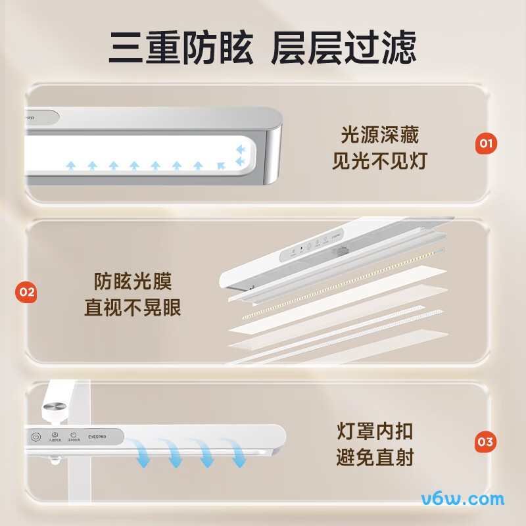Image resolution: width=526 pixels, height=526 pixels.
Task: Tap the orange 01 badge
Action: tap(486, 143)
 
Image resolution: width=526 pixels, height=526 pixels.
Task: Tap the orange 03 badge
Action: tap(486, 441)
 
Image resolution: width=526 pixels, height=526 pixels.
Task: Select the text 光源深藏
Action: tap(379, 135)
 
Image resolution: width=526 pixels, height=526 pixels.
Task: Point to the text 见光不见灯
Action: tap(379, 161)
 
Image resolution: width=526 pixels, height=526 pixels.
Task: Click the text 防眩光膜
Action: tap(132, 282)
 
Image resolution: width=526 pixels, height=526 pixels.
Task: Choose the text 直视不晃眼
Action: tap(132, 308)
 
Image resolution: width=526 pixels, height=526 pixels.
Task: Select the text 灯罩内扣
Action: tap(375, 432)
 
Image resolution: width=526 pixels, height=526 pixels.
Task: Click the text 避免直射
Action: tap(375, 457)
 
